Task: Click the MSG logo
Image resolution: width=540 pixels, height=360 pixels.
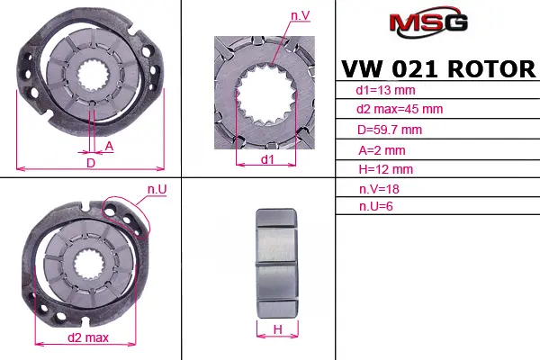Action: [428, 22]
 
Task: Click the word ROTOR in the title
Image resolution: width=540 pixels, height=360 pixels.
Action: [491, 69]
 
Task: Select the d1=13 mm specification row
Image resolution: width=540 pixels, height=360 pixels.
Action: [385, 90]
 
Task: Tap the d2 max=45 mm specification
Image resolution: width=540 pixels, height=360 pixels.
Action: [400, 109]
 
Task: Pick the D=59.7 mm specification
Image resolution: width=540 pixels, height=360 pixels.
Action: [390, 130]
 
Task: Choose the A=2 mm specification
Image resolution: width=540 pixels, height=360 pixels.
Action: [382, 150]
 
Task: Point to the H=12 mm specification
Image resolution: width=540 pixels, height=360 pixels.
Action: [385, 169]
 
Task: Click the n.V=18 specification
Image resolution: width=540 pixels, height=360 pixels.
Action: [379, 189]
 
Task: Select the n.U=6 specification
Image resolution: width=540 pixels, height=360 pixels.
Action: [375, 206]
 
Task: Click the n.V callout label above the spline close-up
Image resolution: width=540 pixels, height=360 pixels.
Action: [301, 16]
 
